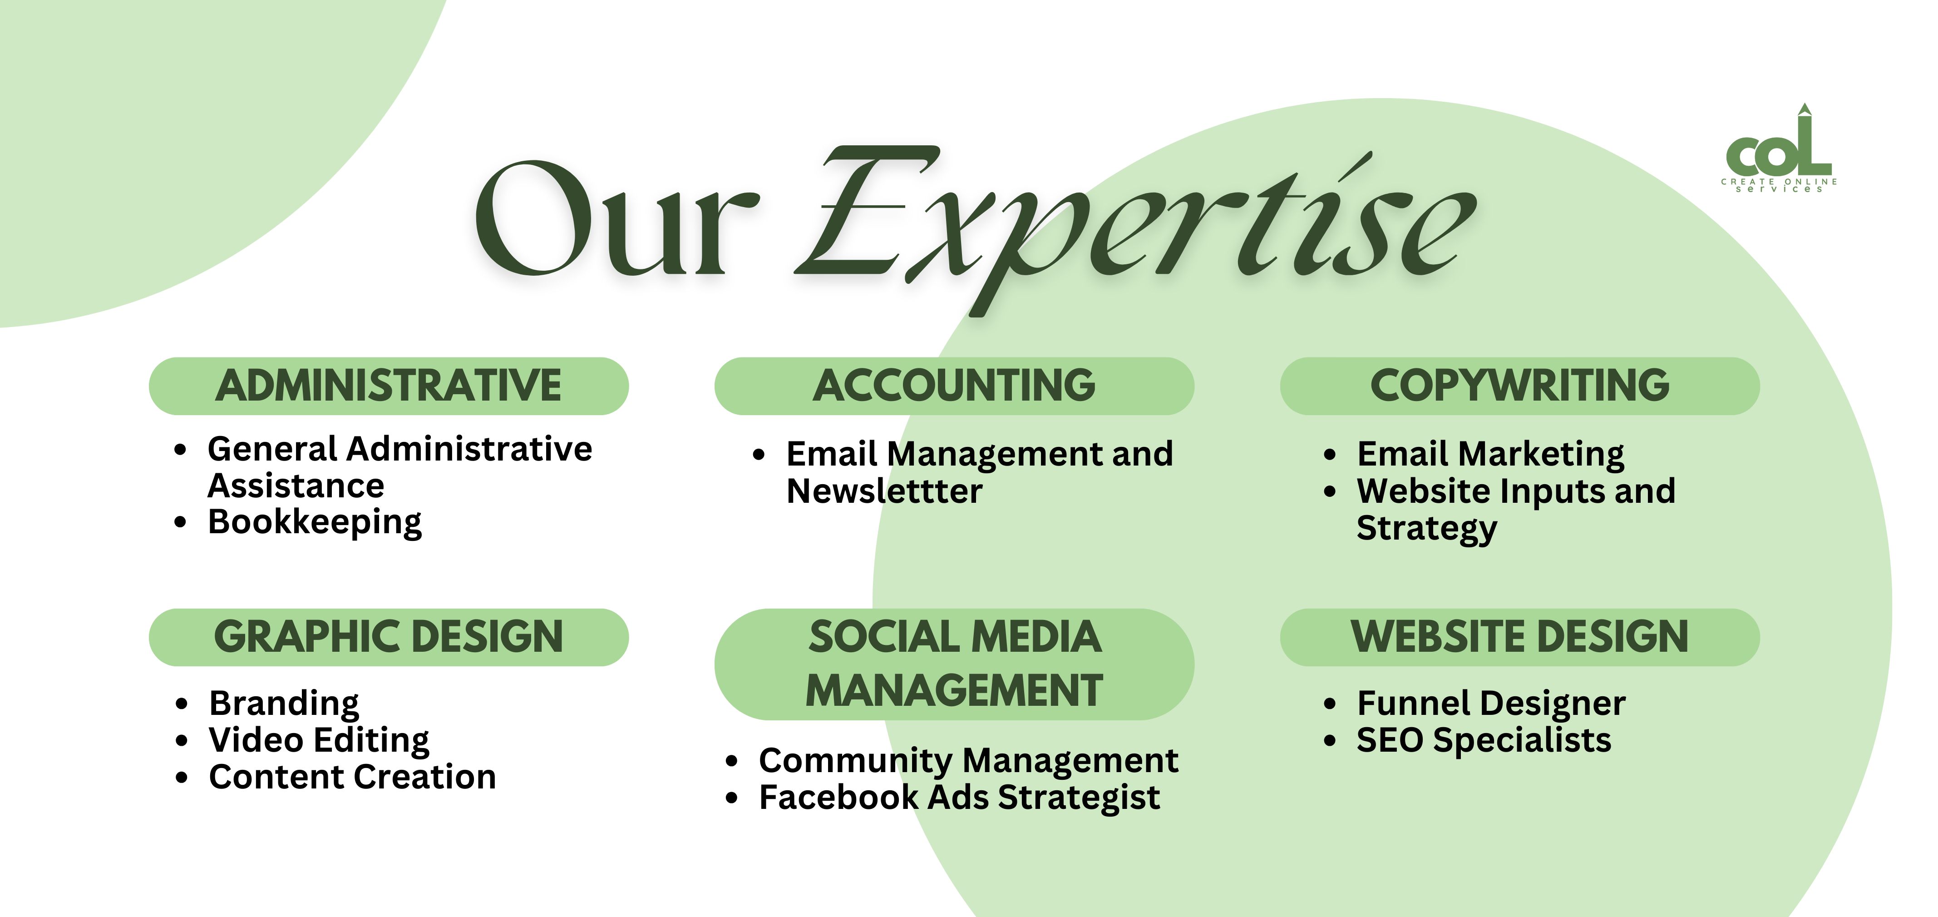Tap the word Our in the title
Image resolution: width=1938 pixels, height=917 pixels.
(617, 218)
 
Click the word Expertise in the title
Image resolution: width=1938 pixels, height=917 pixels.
(1136, 226)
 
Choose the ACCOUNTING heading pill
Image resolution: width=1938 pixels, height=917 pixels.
(954, 386)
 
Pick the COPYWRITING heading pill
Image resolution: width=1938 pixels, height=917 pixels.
(1520, 386)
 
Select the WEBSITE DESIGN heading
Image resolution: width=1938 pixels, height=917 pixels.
(1520, 637)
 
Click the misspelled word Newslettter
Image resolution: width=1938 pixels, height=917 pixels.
(884, 491)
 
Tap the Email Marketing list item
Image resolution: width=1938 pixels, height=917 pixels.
(1490, 454)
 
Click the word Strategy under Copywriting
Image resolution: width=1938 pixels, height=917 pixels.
(1426, 529)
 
